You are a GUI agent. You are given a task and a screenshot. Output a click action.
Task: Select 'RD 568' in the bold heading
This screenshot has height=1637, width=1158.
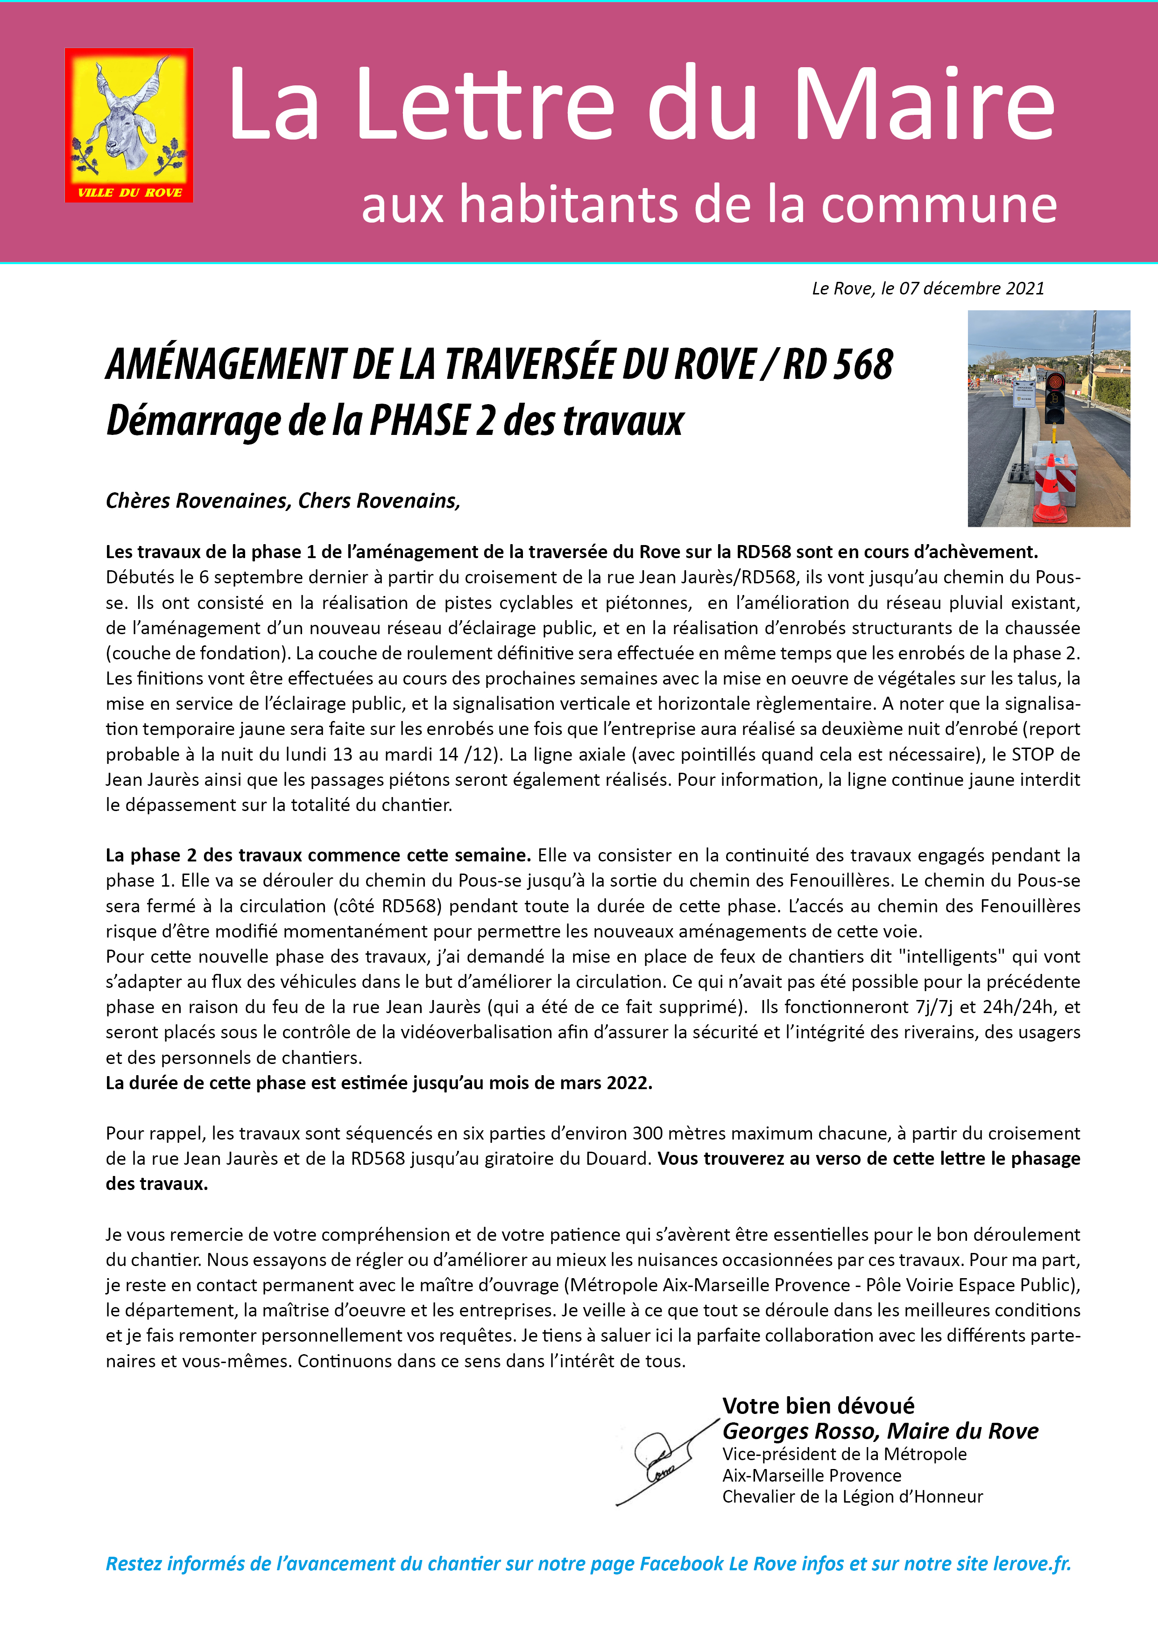838,364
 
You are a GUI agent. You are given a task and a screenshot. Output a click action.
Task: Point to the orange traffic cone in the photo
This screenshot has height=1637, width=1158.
1050,492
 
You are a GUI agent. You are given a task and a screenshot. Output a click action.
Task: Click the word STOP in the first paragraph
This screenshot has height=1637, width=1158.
1032,754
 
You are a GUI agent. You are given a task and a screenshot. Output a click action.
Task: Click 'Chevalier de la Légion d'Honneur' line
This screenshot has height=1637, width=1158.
852,1497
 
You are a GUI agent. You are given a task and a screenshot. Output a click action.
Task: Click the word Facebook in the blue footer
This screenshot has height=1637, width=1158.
681,1564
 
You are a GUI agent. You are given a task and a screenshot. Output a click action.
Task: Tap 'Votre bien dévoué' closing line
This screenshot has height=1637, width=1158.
819,1405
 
